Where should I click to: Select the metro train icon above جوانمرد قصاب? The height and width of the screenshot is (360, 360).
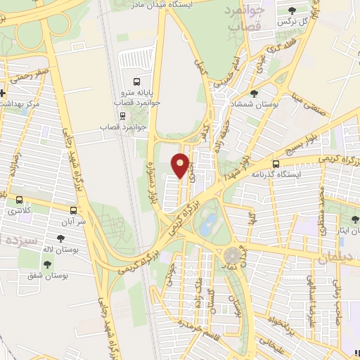[x=124, y=116]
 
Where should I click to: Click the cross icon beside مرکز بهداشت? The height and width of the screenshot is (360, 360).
[x=3, y=92]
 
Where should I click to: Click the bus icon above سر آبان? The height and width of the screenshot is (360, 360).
[x=74, y=210]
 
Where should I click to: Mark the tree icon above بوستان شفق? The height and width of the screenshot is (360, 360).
[x=47, y=264]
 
